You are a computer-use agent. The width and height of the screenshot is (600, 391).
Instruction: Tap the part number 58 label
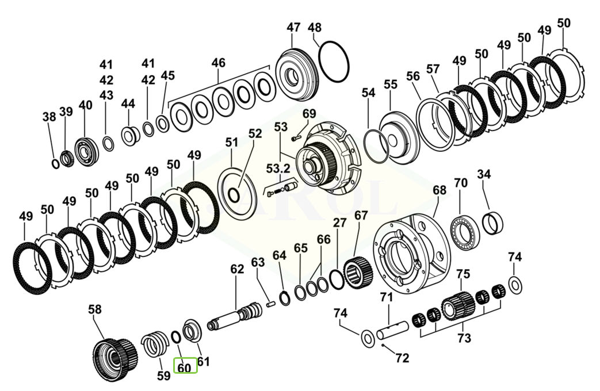point(95,309)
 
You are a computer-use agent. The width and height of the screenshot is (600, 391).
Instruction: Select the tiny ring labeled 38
point(55,163)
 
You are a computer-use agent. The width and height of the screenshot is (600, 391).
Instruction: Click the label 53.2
point(278,168)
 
